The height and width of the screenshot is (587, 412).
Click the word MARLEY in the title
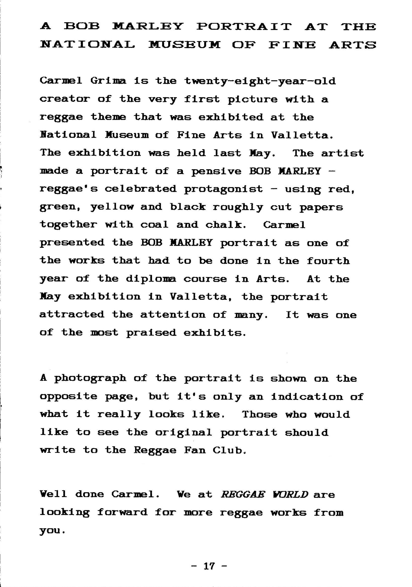pos(148,26)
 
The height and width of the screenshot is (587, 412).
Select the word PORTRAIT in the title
pos(244,26)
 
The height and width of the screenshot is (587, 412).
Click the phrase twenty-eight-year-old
pos(260,82)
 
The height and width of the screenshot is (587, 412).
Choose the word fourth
pos(328,261)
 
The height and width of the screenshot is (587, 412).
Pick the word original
pos(184,433)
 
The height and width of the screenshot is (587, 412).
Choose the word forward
pos(122,513)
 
